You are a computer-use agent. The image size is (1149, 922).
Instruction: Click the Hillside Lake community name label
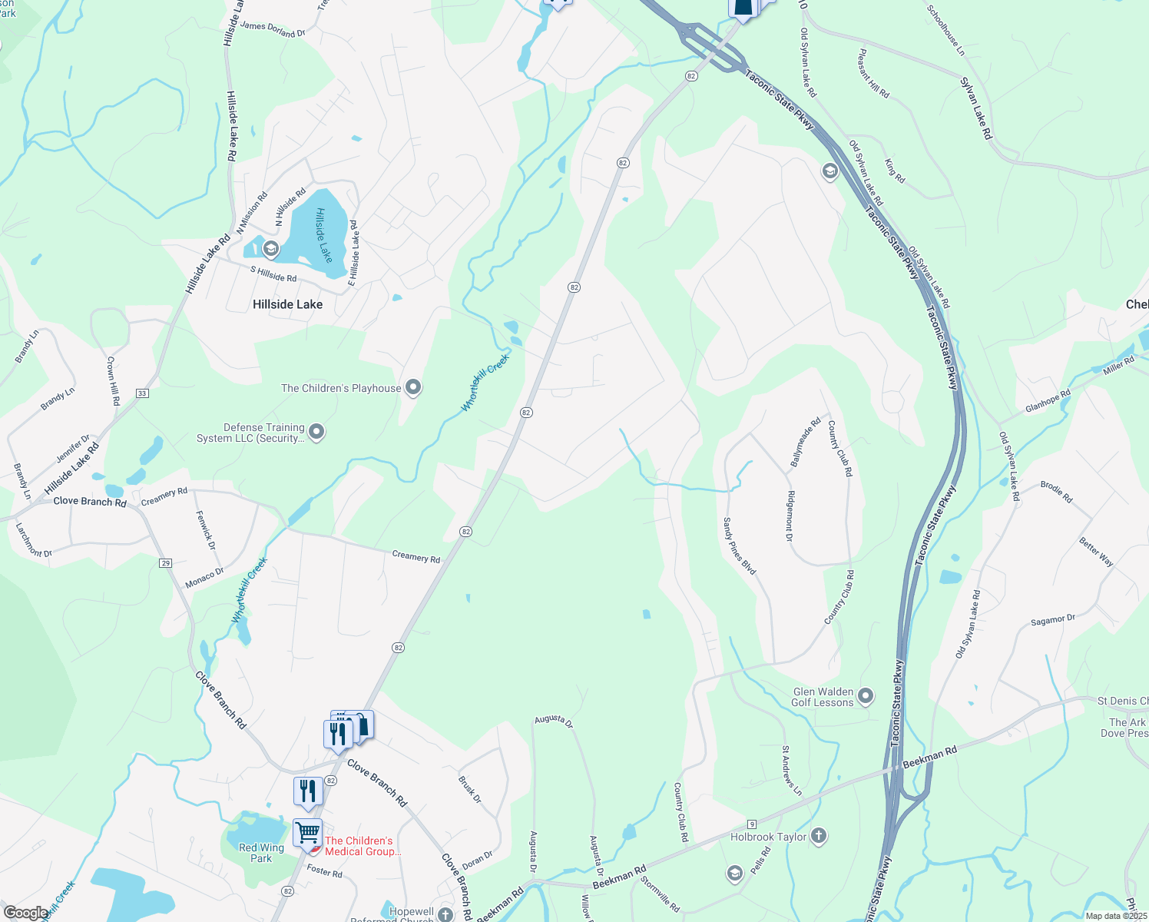coord(287,304)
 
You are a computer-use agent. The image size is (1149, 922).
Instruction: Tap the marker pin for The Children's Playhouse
coord(413,387)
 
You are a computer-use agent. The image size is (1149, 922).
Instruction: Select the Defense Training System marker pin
coord(316,433)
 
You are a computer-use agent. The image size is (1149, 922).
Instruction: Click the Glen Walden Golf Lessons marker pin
coord(866,696)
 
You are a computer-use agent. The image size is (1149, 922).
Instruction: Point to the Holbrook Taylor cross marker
coord(819,836)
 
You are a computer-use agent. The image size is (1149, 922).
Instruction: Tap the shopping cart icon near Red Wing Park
coord(307,832)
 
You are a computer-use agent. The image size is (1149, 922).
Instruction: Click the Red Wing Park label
coord(261,853)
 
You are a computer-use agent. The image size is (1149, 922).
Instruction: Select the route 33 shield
coord(141,393)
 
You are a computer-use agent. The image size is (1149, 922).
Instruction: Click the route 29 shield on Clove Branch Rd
coord(166,563)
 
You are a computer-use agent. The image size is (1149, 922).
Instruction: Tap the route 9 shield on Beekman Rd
coord(752,824)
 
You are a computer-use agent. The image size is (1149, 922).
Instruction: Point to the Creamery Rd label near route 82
coord(416,557)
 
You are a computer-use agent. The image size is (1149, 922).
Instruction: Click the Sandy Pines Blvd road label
coord(739,546)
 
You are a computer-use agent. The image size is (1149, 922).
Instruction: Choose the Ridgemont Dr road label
coord(790,516)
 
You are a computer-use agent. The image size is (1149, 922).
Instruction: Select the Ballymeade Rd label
coord(806,443)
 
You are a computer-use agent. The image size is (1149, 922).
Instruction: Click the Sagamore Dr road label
coord(1053,620)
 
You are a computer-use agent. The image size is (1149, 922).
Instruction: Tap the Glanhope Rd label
coord(1048,402)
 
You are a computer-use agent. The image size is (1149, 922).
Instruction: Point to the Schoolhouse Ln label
coord(945,31)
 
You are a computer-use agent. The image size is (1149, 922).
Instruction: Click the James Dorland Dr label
coord(273,29)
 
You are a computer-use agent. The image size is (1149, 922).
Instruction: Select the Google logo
coord(25,912)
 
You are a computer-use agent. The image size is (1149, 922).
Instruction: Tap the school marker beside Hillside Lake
coord(270,248)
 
